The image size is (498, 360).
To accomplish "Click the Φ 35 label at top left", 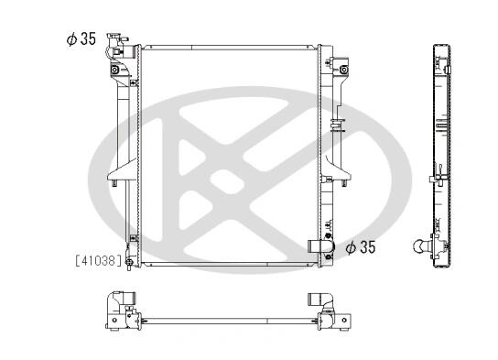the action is [81, 39].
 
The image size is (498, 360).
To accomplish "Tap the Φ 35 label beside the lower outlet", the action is [361, 247].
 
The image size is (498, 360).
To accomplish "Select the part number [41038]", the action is [99, 260].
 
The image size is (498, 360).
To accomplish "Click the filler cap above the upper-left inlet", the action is [116, 38].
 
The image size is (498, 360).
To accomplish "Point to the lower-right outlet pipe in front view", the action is [320, 246].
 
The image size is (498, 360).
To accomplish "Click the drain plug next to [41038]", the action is [129, 263].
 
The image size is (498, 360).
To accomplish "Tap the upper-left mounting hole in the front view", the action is [114, 70].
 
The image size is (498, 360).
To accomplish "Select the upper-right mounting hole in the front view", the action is [343, 70].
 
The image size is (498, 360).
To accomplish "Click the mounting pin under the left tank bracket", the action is [114, 183].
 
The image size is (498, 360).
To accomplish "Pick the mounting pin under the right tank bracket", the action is [343, 183].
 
